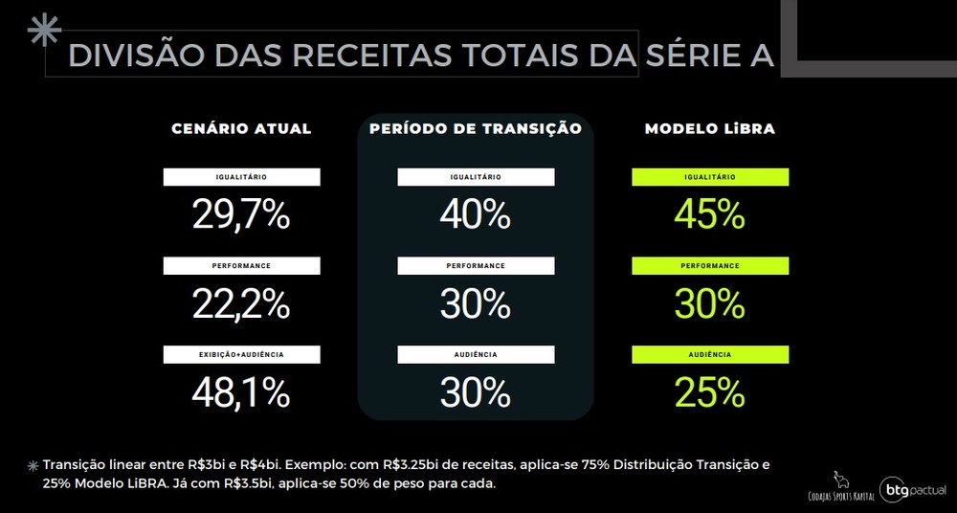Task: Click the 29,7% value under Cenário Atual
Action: [241, 214]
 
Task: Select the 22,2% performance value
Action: [241, 303]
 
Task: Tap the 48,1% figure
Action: [241, 392]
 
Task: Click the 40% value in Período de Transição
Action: [475, 214]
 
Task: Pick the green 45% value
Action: [709, 214]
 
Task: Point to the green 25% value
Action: [709, 392]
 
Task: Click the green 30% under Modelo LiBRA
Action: [709, 303]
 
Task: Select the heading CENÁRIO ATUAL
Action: [241, 128]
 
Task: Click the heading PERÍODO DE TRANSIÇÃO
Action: [476, 128]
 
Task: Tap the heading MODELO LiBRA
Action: [709, 128]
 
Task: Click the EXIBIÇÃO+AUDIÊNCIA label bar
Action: [241, 354]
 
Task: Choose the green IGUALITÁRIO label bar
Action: [710, 177]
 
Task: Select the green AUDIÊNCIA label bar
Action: [710, 354]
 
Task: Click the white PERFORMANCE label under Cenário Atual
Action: [241, 265]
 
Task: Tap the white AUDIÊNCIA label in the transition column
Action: [476, 354]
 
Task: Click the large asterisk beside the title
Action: [44, 31]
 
